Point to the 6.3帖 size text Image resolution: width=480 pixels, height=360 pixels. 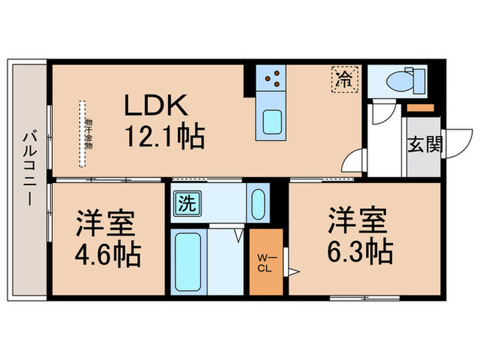pyautogui.click(x=359, y=251)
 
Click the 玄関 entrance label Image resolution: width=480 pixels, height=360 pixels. pyautogui.click(x=426, y=145)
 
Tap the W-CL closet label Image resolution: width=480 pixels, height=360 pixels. pyautogui.click(x=265, y=263)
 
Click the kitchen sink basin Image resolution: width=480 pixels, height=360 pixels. pyautogui.click(x=272, y=122)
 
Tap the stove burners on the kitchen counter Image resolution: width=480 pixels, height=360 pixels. pyautogui.click(x=272, y=77)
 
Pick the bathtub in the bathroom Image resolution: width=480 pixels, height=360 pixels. pyautogui.click(x=187, y=262)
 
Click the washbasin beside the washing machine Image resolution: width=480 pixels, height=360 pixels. pyautogui.click(x=259, y=202)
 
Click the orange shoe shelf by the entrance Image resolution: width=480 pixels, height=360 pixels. pyautogui.click(x=419, y=108)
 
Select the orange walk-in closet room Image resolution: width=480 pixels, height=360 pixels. pyautogui.click(x=266, y=263)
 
